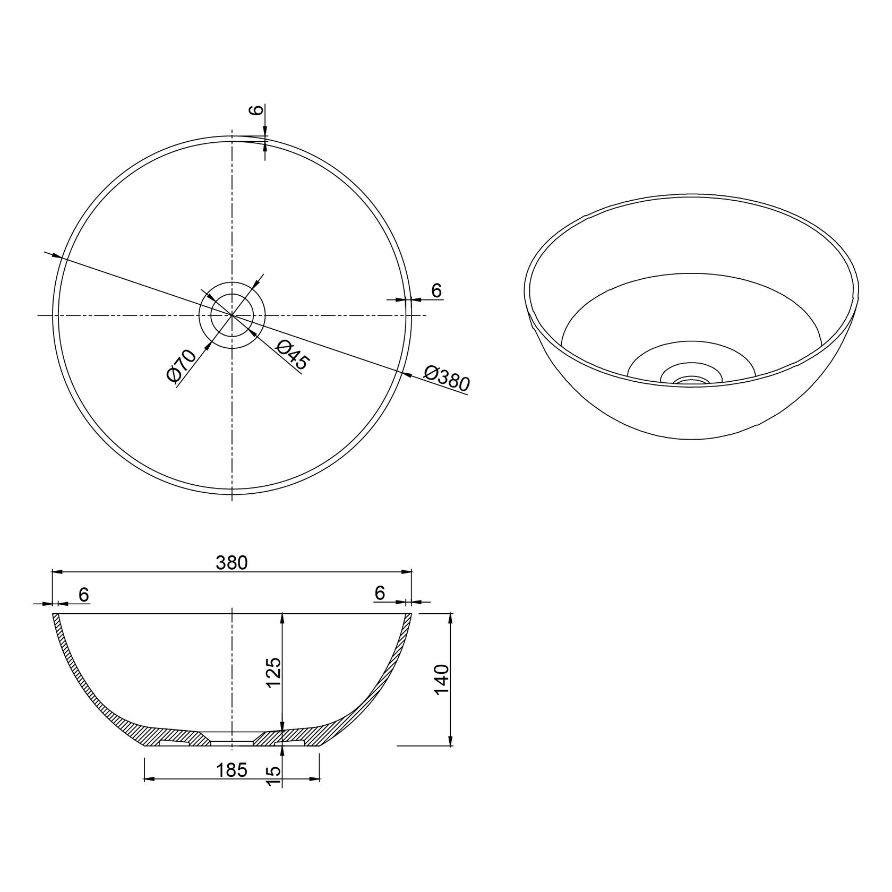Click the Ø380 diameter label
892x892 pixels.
point(447,378)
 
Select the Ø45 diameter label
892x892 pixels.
point(291,355)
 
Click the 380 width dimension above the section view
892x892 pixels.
point(232,563)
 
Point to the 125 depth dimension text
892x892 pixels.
point(273,673)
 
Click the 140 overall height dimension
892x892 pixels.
point(442,679)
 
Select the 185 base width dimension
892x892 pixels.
point(231,770)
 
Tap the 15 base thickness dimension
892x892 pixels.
point(273,776)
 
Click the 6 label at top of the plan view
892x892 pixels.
point(256,110)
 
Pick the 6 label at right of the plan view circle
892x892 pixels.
point(436,290)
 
